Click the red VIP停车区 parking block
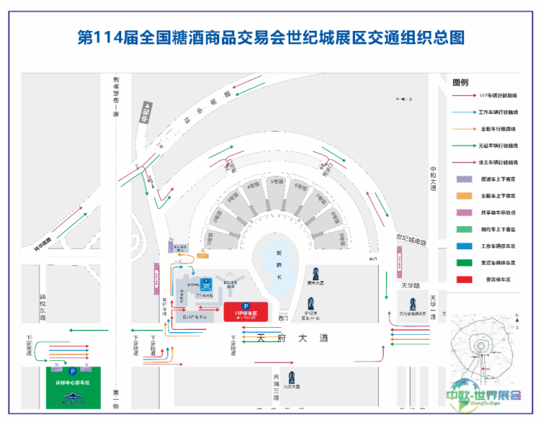point(246,312)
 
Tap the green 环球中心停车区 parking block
point(73,389)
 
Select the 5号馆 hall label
point(274,182)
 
